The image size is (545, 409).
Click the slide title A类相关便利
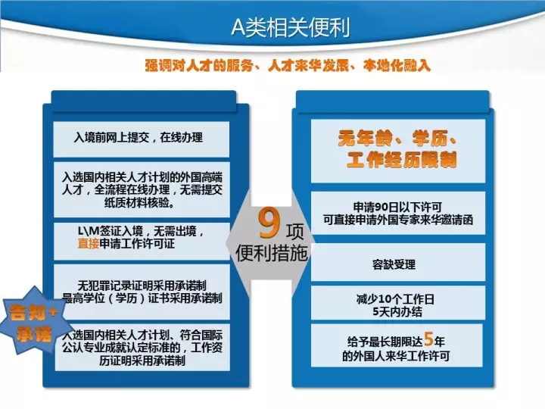click(x=290, y=27)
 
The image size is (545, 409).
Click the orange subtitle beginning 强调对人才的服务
click(x=288, y=65)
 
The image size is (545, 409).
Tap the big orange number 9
click(x=269, y=223)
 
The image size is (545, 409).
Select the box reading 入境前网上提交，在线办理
click(x=141, y=139)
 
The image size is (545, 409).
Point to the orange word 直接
click(x=89, y=243)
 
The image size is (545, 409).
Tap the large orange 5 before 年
click(x=428, y=339)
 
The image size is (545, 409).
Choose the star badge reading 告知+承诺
click(x=33, y=320)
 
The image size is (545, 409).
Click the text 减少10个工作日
click(x=395, y=298)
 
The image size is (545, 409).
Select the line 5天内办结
click(x=397, y=311)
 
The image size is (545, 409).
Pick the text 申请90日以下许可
click(x=397, y=208)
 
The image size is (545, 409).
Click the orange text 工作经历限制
click(x=402, y=161)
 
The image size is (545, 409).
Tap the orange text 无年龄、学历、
click(x=397, y=139)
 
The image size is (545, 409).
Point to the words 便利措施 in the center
click(x=272, y=253)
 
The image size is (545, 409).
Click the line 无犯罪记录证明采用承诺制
click(x=142, y=286)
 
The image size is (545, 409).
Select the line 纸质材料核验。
click(x=139, y=202)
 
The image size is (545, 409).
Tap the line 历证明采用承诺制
click(x=142, y=361)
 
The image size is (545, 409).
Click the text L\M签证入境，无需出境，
click(x=141, y=231)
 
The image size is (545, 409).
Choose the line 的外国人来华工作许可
click(x=396, y=356)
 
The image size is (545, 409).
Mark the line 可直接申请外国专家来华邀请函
click(x=398, y=220)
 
